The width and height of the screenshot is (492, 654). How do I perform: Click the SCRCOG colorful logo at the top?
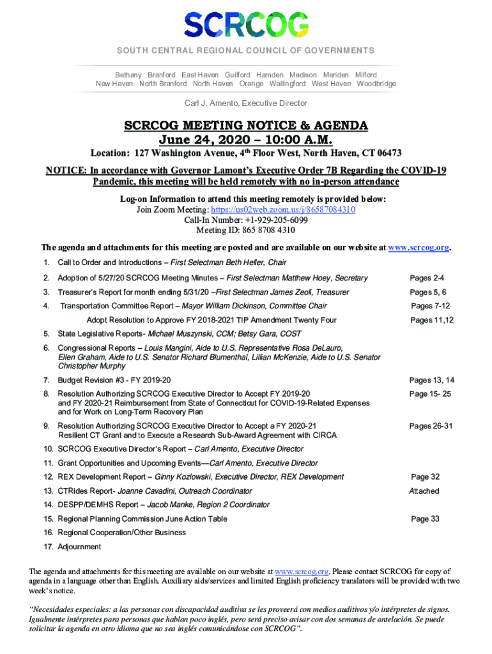(246, 25)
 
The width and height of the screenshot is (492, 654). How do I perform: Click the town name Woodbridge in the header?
(376, 84)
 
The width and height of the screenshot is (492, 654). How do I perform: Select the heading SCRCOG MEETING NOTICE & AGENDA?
(246, 126)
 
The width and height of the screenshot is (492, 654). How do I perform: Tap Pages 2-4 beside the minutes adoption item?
(427, 278)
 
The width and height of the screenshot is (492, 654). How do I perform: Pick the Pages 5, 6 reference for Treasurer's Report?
(428, 292)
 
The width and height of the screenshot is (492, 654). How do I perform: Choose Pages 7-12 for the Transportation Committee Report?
(430, 306)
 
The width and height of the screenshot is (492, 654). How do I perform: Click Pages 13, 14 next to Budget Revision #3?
(431, 381)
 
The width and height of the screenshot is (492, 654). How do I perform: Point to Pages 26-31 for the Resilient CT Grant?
(431, 426)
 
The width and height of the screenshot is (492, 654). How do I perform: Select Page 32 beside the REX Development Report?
(425, 476)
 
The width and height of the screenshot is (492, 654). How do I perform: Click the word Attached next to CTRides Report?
(424, 491)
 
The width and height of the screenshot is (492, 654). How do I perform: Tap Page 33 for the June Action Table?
(425, 519)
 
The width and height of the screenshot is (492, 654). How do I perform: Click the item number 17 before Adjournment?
(48, 547)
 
